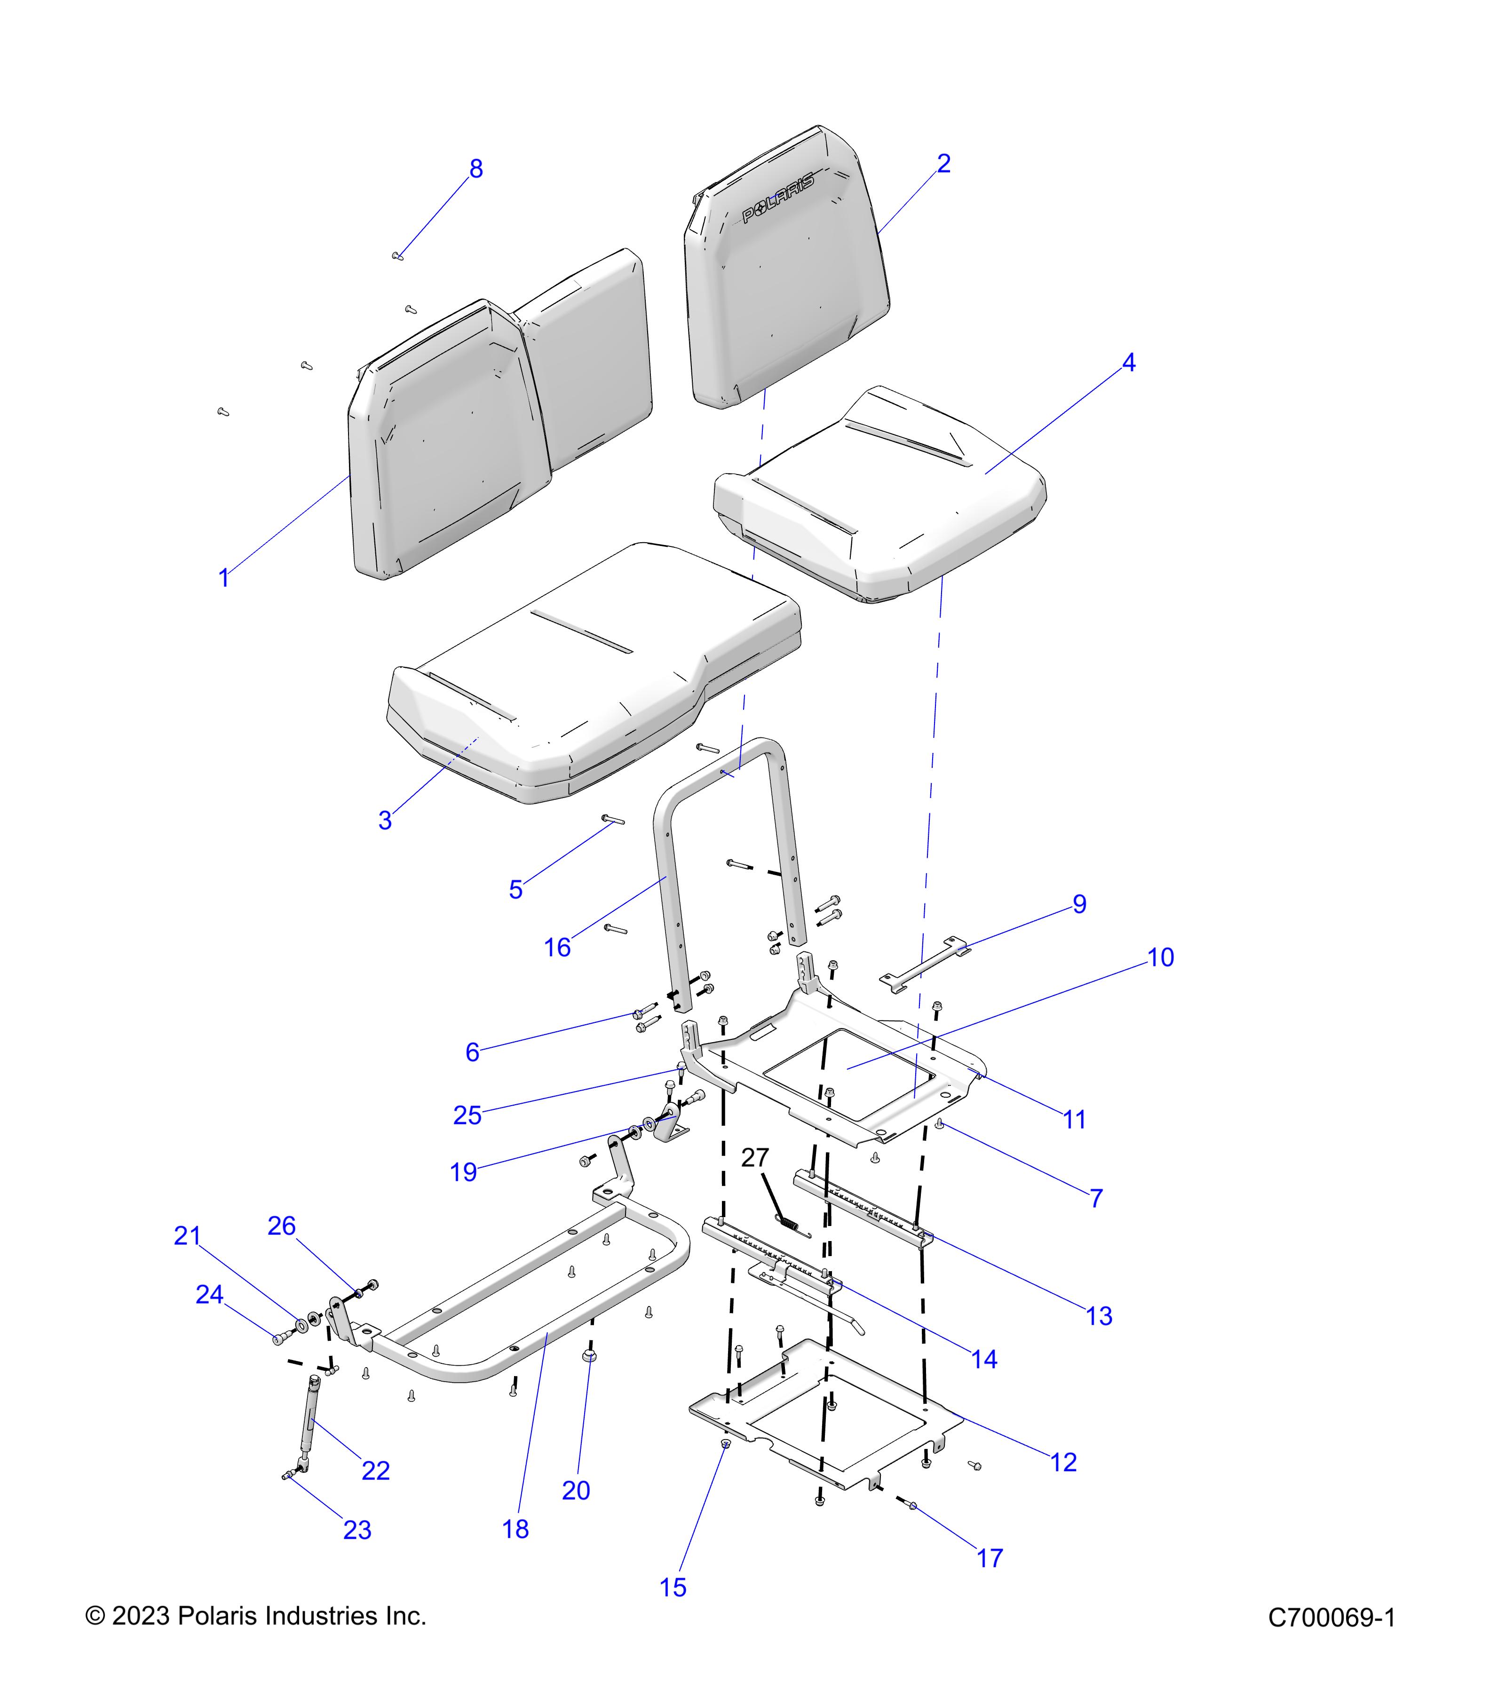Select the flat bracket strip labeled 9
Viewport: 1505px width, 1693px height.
(x=924, y=963)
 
